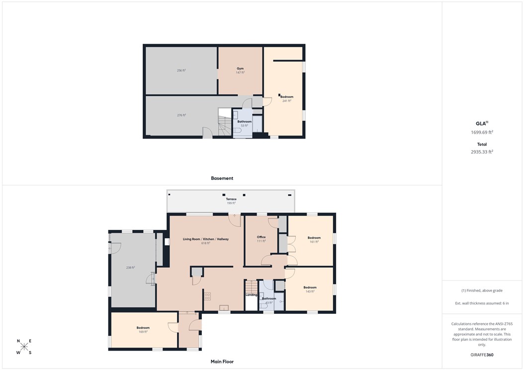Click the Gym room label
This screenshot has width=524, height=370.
[x=240, y=69]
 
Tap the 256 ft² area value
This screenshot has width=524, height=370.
[x=181, y=71]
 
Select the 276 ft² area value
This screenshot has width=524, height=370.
[x=181, y=115]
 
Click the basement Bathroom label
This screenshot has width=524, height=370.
[x=244, y=122]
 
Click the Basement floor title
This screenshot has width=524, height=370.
[x=222, y=178]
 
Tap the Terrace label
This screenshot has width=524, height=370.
[x=231, y=199]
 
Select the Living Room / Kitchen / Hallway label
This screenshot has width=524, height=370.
[x=206, y=239]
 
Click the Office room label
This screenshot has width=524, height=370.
[x=261, y=237]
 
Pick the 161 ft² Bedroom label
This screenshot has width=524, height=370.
[x=314, y=238]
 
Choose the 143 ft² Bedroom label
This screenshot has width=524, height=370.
[x=310, y=288]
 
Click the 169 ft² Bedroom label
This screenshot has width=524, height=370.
[x=143, y=328]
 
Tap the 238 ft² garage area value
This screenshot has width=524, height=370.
[x=130, y=268]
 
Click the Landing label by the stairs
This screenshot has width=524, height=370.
[x=252, y=295]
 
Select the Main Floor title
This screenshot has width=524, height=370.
[x=222, y=362]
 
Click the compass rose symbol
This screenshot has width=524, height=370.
[x=24, y=347]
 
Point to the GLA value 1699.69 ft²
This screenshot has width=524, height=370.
[x=482, y=132]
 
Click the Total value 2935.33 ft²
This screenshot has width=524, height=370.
[x=482, y=152]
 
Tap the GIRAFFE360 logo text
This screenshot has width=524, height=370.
[x=482, y=355]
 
